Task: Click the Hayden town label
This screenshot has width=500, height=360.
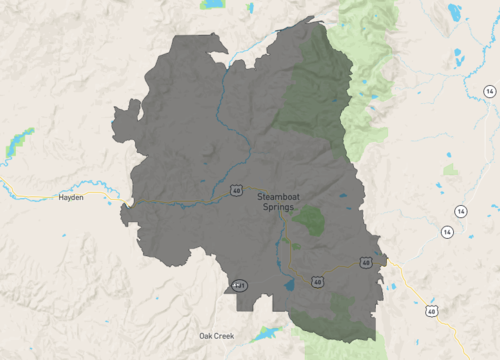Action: [71, 198]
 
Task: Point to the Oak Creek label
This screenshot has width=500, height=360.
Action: [216, 336]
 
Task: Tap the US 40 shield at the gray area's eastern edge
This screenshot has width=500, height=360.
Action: [367, 263]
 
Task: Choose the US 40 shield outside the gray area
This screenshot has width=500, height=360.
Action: [431, 311]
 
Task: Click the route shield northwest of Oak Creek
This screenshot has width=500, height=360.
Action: [239, 285]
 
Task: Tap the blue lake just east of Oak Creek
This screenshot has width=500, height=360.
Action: [267, 333]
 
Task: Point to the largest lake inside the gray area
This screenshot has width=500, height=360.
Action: [289, 284]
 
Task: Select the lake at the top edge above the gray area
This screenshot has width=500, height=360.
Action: [211, 4]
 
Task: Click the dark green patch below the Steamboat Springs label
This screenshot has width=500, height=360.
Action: [309, 219]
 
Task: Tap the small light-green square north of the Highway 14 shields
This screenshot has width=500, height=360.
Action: [451, 170]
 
